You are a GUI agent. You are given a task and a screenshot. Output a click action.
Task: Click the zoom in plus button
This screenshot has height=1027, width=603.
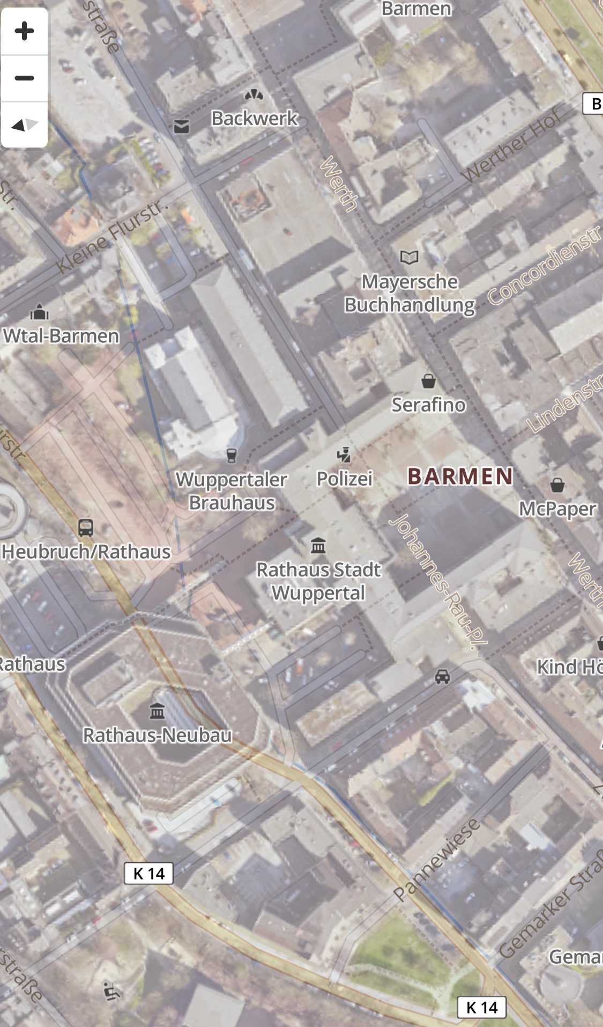tap(24, 31)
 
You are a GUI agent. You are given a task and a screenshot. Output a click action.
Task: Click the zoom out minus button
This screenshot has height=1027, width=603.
tap(24, 78)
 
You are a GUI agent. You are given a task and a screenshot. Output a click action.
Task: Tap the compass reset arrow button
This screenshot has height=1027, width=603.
tap(24, 125)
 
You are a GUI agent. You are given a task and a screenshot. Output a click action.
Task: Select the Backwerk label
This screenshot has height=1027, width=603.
tap(254, 118)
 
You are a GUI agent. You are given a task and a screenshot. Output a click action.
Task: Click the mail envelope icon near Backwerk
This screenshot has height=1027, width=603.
tap(182, 126)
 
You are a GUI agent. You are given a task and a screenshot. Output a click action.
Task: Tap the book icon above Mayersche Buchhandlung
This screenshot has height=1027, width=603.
tap(409, 258)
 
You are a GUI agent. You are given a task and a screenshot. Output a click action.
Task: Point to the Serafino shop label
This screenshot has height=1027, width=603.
tap(428, 405)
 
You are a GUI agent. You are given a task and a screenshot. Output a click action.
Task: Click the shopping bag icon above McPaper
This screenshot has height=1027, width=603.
tap(557, 485)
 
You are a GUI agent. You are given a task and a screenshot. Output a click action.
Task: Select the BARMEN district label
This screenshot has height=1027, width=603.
tap(460, 476)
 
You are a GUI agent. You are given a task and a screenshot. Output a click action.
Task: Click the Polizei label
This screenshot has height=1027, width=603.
tap(344, 479)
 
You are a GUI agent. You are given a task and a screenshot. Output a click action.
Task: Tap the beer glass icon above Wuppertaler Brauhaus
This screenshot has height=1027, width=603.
tap(232, 456)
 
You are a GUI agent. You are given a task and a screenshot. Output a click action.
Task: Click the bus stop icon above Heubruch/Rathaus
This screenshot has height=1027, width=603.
tap(86, 528)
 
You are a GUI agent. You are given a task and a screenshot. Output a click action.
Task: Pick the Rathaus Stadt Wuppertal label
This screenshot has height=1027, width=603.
tap(318, 581)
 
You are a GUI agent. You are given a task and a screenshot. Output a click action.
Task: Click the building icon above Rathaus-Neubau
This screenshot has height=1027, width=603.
tap(157, 711)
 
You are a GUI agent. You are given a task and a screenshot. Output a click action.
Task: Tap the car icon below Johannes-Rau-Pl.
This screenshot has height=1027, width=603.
tap(442, 677)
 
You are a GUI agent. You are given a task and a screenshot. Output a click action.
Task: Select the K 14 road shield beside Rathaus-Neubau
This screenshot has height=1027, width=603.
tap(148, 874)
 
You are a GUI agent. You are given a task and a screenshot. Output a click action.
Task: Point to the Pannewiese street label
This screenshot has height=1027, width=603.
tap(436, 860)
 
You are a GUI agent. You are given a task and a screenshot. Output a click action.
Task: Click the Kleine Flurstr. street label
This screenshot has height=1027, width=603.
tap(113, 236)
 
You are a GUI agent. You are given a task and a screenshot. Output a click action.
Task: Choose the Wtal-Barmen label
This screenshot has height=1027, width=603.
tap(61, 336)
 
